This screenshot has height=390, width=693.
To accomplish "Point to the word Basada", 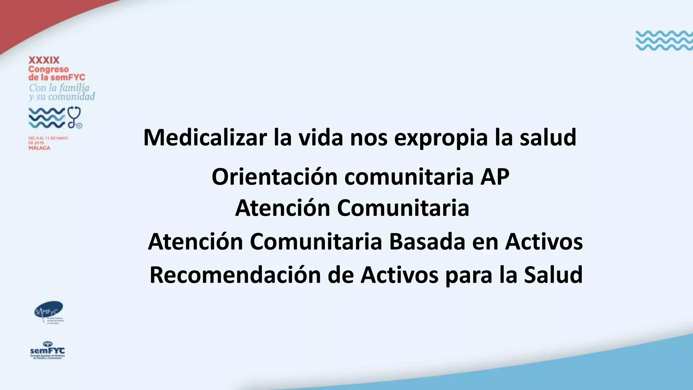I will click(427, 242).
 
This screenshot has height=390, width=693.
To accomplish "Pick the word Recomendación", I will click(235, 275).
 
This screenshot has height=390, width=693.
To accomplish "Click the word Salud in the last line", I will click(553, 275).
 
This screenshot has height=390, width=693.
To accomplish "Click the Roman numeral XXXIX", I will click(44, 61).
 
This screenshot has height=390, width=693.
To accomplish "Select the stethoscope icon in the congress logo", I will click(75, 117).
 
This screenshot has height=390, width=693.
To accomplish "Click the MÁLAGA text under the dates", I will click(39, 148).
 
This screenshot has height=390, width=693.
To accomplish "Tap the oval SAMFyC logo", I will click(49, 311).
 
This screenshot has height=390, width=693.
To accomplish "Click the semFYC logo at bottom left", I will click(47, 351).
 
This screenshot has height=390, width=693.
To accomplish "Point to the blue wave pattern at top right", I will click(664, 40).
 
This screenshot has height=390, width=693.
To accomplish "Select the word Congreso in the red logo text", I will click(48, 69).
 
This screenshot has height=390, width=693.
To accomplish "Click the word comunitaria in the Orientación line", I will click(409, 177).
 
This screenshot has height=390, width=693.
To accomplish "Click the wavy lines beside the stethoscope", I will click(46, 117).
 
